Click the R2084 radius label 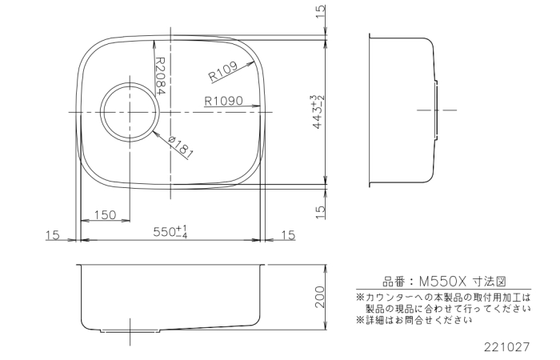[160, 76]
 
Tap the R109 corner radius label [223, 71]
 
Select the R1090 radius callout [223, 101]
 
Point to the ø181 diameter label [181, 147]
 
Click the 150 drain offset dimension [105, 215]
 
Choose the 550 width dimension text [170, 232]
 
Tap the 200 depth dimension [320, 297]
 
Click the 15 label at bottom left [53, 236]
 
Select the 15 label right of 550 [289, 235]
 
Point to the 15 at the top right [321, 12]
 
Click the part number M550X [443, 282]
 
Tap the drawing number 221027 [506, 347]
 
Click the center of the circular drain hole [129, 112]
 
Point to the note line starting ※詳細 [414, 320]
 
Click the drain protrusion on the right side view [436, 110]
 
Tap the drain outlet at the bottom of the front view [130, 330]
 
